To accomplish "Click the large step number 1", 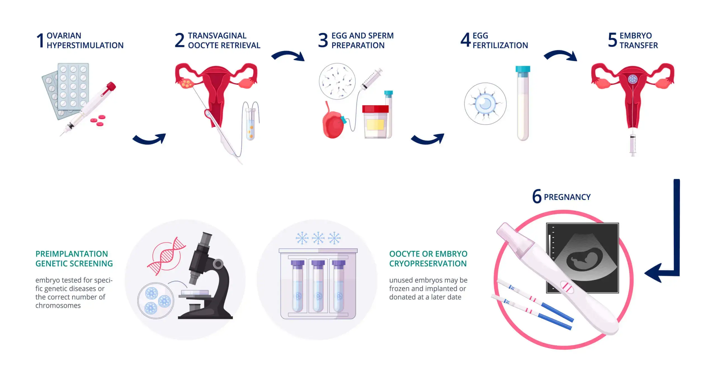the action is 41,41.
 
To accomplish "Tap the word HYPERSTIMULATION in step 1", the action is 85,45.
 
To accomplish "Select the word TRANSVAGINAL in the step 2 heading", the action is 217,36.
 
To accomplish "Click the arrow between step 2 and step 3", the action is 288,55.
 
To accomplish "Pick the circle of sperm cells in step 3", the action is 337,81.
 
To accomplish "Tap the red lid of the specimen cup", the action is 375,109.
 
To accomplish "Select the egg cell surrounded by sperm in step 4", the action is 485,104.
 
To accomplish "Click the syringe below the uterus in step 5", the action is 632,144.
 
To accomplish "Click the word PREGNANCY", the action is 567,197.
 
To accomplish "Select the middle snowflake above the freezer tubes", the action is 318,238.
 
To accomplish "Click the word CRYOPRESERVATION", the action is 428,264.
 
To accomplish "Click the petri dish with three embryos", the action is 156,301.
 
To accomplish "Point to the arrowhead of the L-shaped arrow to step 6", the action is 653,273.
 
